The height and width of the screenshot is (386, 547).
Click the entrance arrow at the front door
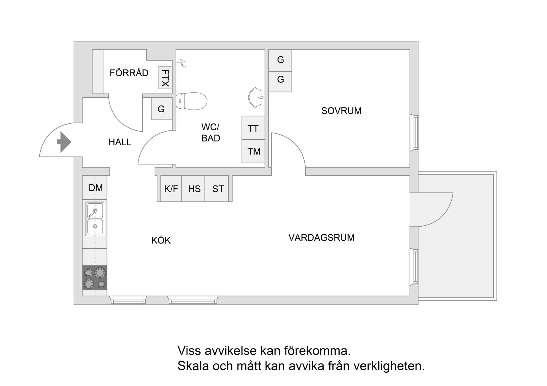coord(64,142)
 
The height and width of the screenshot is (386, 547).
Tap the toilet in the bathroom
coord(192,101)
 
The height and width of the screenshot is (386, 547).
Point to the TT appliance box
coord(253,128)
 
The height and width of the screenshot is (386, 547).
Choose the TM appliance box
coord(254,151)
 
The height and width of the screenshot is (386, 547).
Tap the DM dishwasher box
coord(95,188)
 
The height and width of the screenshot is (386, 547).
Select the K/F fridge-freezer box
coord(171,189)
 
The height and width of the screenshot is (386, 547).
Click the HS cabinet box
coord(194,189)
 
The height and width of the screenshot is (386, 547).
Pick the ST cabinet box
coord(218,189)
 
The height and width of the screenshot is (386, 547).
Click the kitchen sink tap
coord(93,212)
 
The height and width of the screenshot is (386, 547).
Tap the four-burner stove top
coord(95,278)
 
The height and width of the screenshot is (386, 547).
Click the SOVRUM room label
coord(341,111)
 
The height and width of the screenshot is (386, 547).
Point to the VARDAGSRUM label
coord(321,238)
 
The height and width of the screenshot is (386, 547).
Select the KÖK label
coord(161,240)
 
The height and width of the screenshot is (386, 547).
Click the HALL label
coord(120,142)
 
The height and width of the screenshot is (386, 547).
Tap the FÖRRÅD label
coord(129,73)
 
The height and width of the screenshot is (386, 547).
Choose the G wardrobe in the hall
coord(161,109)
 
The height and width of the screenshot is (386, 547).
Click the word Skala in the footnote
coord(193,366)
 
